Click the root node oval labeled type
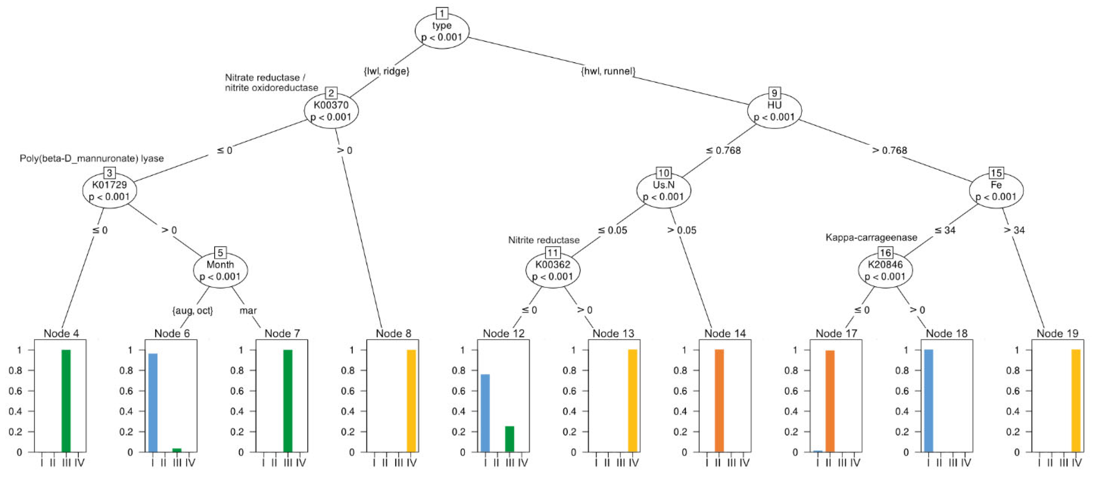pyautogui.click(x=442, y=31)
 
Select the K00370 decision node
pyautogui.click(x=331, y=111)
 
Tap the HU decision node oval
pyautogui.click(x=774, y=111)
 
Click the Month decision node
pyautogui.click(x=220, y=270)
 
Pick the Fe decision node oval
pyautogui.click(x=996, y=191)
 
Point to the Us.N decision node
pyautogui.click(x=664, y=191)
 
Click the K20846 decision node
pyautogui.click(x=885, y=270)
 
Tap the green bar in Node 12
pyautogui.click(x=510, y=439)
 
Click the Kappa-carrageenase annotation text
pyautogui.click(x=871, y=238)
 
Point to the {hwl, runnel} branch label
pyautogui.click(x=608, y=71)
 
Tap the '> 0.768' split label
pyautogui.click(x=890, y=150)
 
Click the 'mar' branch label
pyautogui.click(x=248, y=310)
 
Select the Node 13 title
pyautogui.click(x=613, y=333)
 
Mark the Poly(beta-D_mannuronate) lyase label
pyautogui.click(x=92, y=158)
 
